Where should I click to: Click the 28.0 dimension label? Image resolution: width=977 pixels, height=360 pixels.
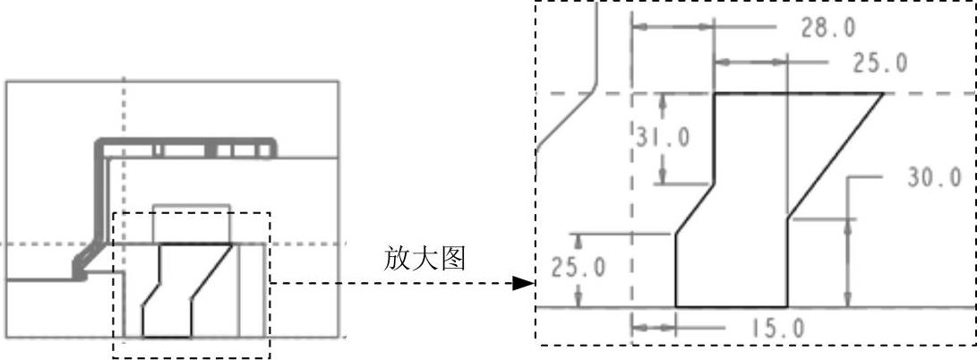point(827,28)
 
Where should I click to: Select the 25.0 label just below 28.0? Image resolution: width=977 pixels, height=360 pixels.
point(879,63)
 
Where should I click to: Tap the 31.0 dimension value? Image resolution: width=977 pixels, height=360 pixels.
point(664,138)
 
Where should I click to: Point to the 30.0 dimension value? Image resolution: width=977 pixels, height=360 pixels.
point(933,177)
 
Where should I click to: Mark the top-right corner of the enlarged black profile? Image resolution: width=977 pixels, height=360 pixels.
point(883,93)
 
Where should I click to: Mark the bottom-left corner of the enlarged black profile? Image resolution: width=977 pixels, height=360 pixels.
point(675,306)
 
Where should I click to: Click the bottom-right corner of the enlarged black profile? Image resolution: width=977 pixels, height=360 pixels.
point(787,306)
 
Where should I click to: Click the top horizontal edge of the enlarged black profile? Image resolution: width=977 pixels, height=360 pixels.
point(797,93)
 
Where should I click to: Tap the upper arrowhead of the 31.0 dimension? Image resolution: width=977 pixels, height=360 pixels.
point(662,99)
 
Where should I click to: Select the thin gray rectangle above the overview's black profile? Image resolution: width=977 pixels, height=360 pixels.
point(192,224)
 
